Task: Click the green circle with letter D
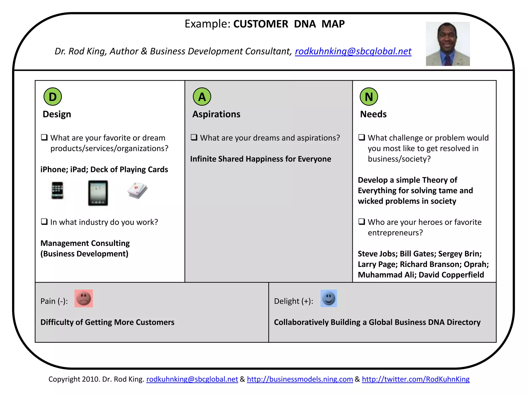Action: (53, 97)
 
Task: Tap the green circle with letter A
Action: (202, 97)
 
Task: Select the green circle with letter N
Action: (369, 97)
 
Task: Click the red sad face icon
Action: (84, 299)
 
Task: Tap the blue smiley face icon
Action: (329, 299)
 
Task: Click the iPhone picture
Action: (57, 190)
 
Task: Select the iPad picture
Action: (98, 193)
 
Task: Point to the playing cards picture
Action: (137, 191)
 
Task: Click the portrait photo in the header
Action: (448, 44)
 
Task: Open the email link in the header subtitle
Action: (353, 51)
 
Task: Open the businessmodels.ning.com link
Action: (300, 379)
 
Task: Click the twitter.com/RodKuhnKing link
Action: (416, 379)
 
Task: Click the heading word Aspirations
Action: (216, 114)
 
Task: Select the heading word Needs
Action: (373, 114)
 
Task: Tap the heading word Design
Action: (57, 114)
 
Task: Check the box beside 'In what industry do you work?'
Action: (45, 221)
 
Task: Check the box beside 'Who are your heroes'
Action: (362, 221)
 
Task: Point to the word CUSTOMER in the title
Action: (261, 24)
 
